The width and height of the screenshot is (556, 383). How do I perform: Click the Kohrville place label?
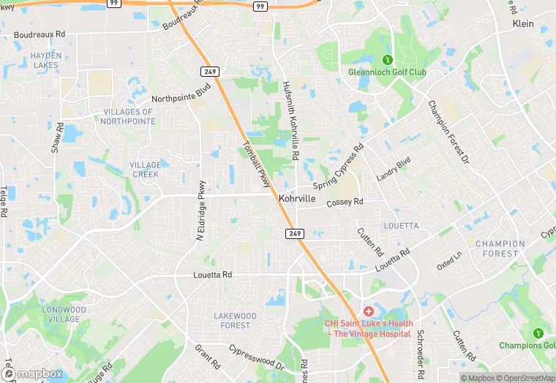tap(298, 199)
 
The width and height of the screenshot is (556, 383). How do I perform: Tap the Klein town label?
tap(523, 24)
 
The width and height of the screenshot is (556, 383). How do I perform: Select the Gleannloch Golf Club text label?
tap(388, 72)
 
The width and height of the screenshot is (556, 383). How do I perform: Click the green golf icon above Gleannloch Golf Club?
tap(388, 60)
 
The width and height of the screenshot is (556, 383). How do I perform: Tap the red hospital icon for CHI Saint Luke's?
tap(368, 311)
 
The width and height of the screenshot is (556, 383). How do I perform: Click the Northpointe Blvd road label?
tap(181, 93)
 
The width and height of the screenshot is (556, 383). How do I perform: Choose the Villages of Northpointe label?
tap(128, 117)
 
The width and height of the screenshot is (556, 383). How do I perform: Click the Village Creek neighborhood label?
tap(146, 170)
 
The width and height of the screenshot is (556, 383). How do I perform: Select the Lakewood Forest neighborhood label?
tap(235, 320)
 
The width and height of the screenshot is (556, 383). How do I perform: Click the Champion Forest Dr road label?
tap(448, 132)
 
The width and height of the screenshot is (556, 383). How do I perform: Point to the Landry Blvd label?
tap(394, 170)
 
